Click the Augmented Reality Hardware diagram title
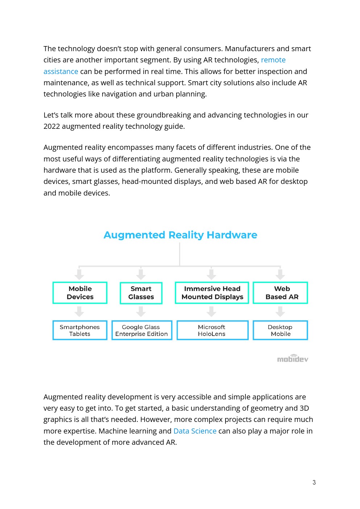(180, 235)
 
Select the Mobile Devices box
(80, 293)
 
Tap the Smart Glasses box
(141, 293)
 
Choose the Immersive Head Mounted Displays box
(212, 293)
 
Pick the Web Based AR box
(280, 293)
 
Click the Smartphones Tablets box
(80, 330)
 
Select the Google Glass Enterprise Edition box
(142, 330)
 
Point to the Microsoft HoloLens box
(212, 330)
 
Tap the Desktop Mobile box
(280, 330)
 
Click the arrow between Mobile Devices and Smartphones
(79, 311)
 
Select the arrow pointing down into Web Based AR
(280, 274)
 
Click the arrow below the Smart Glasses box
(141, 311)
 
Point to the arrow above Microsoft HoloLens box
(211, 311)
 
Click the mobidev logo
(293, 359)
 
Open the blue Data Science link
(195, 431)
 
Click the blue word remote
(273, 60)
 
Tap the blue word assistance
(61, 71)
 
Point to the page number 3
(314, 483)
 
